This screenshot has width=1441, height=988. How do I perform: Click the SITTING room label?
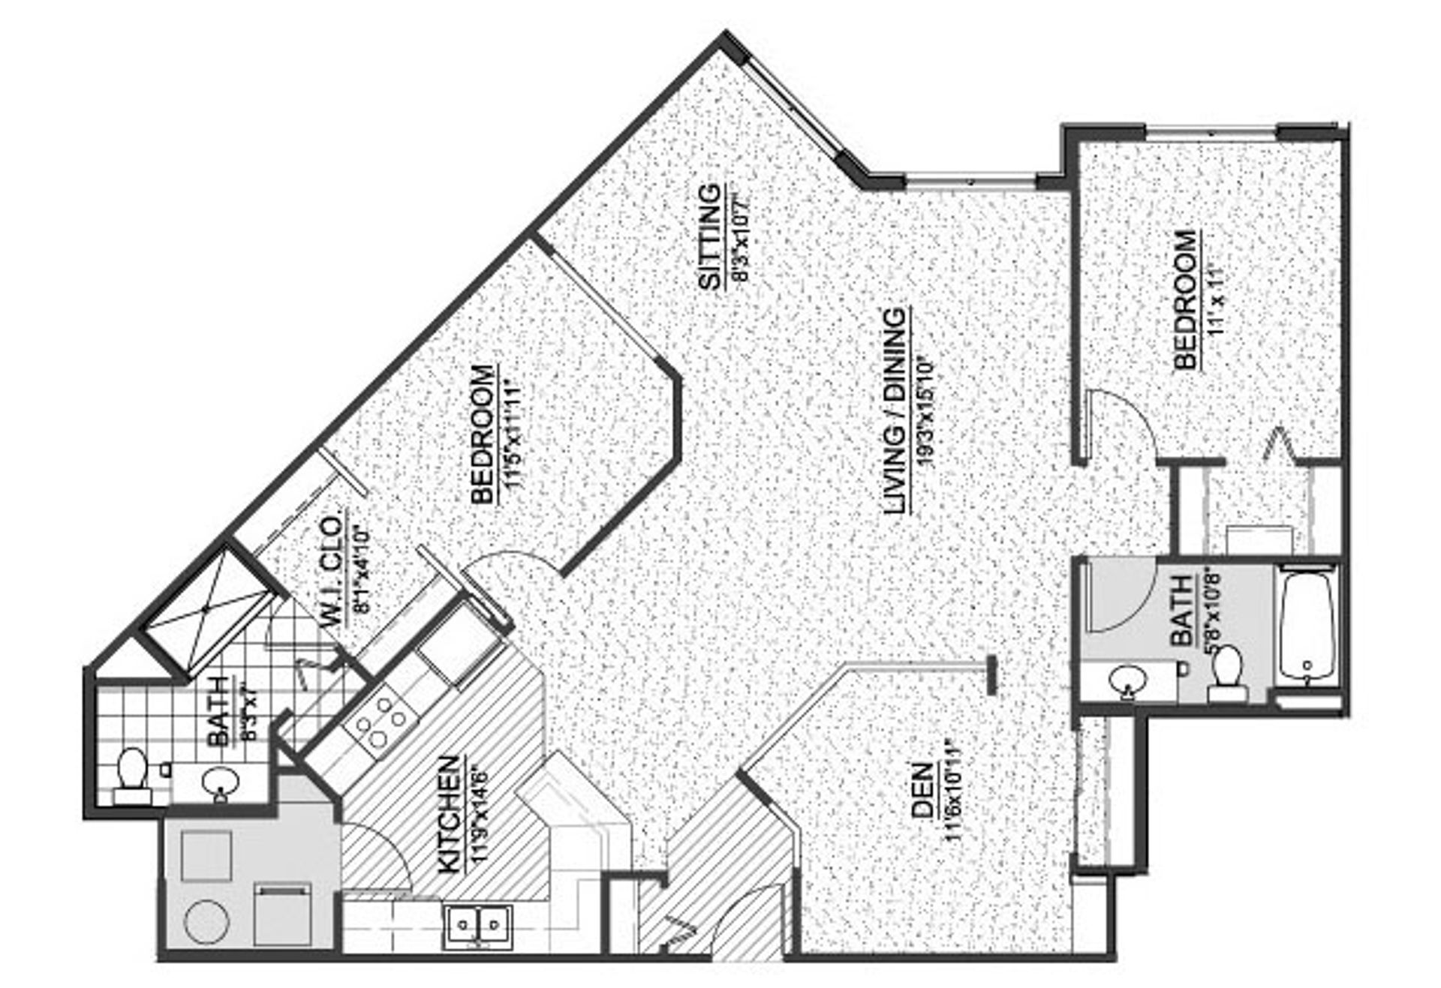pos(709,236)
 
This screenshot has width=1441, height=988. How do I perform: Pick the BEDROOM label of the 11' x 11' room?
pos(1186,300)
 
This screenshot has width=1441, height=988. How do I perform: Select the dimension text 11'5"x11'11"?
pos(514,434)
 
